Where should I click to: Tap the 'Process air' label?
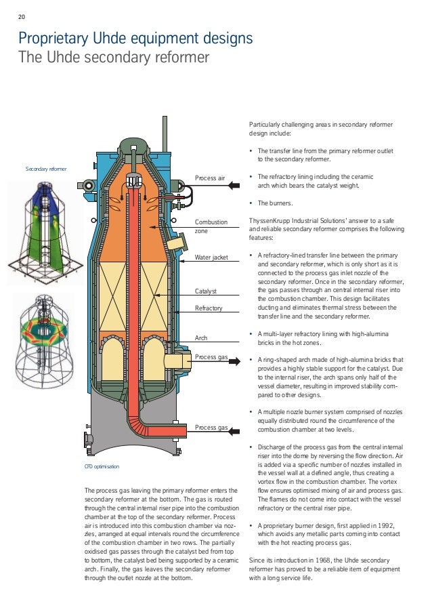point(210,178)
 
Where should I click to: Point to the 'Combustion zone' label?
point(211,226)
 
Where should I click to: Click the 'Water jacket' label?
point(212,258)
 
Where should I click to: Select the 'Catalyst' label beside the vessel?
point(205,291)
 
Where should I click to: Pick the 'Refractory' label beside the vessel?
point(209,308)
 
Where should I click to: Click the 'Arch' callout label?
point(201,337)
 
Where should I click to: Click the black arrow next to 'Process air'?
point(236,178)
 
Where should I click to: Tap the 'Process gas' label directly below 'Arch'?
point(211,356)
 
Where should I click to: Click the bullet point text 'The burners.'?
point(275,203)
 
